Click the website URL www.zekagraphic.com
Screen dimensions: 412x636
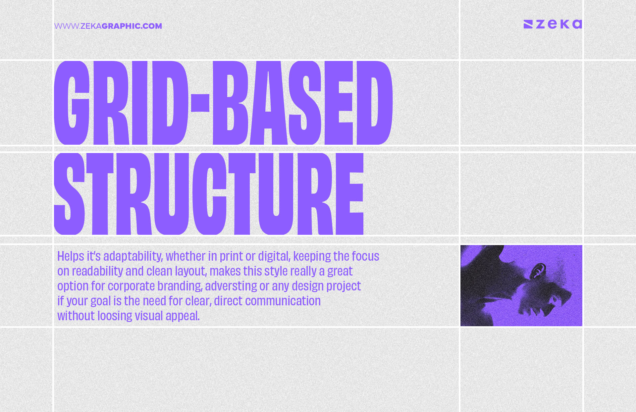108,26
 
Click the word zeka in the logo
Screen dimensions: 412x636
559,24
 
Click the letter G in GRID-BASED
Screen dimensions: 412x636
72,103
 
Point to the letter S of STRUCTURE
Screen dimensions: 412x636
69,194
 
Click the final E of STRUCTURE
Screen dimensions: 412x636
349,194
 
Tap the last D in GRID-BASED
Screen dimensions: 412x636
375,103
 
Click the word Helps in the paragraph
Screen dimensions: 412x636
71,256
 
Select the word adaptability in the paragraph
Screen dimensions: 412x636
133,256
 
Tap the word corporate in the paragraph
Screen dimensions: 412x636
131,286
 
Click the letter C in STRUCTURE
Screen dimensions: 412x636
209,194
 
